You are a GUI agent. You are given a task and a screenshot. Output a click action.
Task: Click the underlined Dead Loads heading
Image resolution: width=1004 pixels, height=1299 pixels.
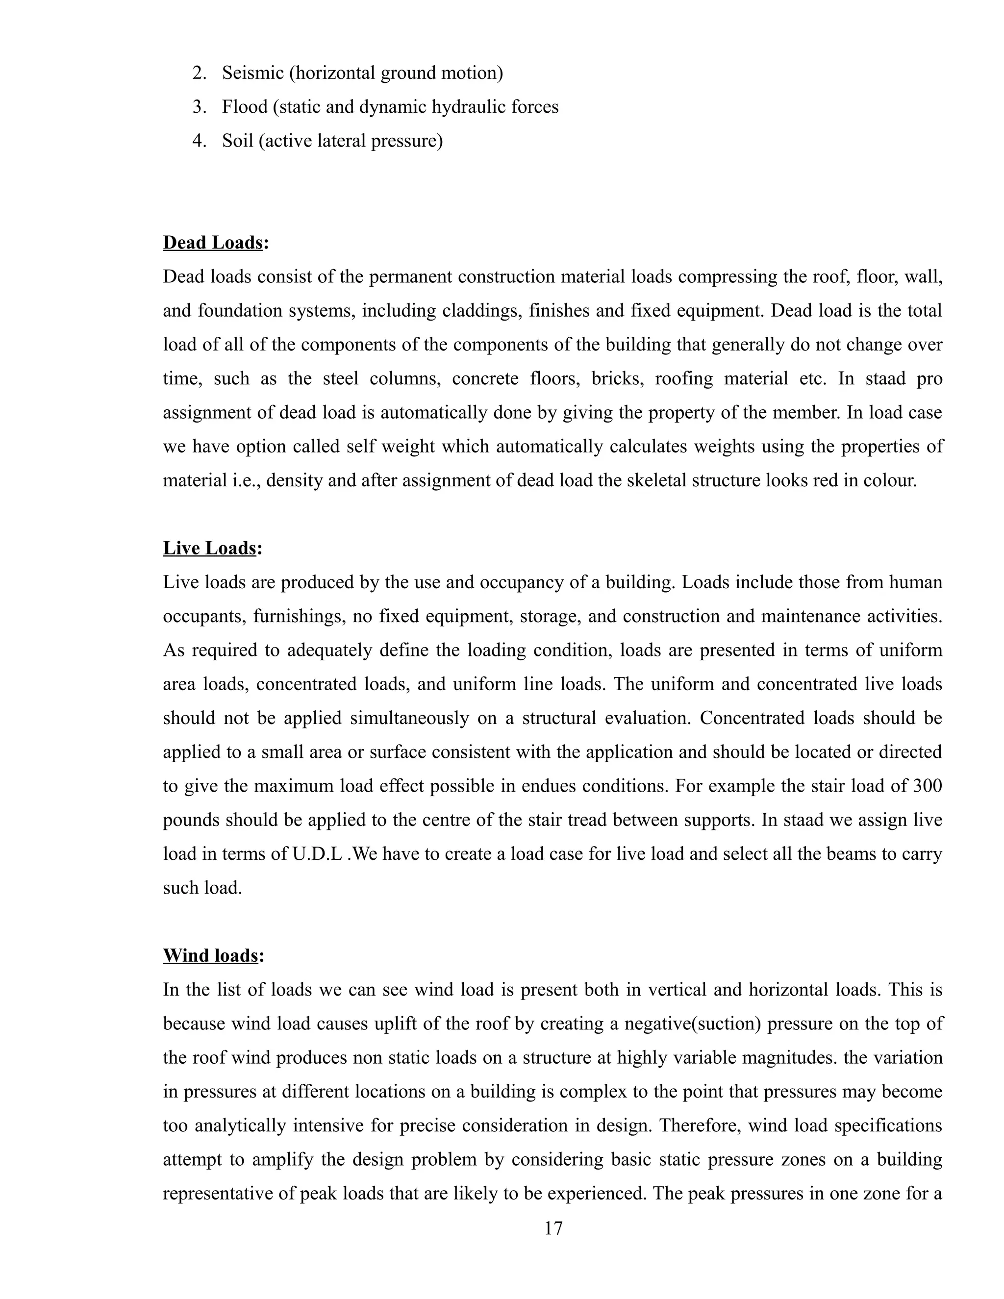(x=213, y=243)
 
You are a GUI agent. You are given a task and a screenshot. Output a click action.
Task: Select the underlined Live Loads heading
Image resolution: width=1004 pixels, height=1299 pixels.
(x=209, y=548)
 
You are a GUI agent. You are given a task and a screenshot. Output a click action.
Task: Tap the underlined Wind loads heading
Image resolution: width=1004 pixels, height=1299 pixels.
(x=210, y=956)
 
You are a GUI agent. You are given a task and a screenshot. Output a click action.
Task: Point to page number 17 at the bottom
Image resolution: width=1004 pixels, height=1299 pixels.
(x=553, y=1229)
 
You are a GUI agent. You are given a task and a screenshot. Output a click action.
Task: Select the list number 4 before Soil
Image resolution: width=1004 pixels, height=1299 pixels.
(x=199, y=141)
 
